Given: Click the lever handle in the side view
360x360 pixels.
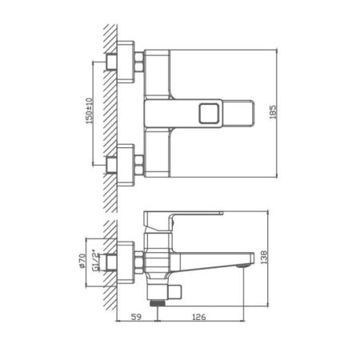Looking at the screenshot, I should pos(192,218).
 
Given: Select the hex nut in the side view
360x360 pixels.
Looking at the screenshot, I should pos(138,258).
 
